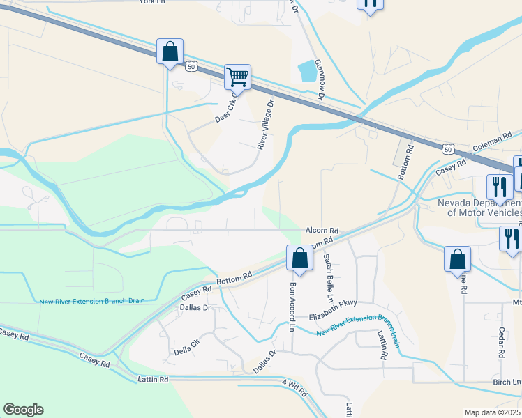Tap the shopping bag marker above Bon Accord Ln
coord(299,258)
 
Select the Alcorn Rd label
coord(322,230)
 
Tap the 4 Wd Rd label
coord(294,387)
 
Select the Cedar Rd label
coord(501,343)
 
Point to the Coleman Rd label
coord(492,142)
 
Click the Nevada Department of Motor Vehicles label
coord(479,208)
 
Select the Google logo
coord(23,410)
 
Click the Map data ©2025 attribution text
coord(492,412)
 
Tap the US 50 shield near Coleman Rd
coord(448,149)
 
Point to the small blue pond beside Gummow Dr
coord(306,70)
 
